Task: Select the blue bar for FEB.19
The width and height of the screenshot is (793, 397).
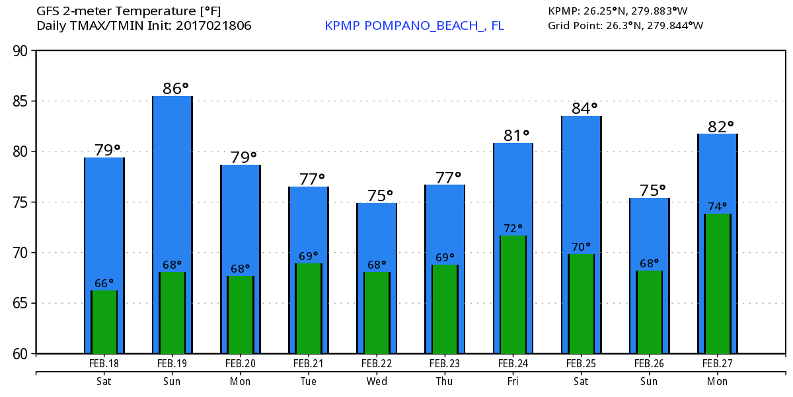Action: tap(172, 179)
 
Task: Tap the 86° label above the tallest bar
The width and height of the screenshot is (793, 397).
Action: tap(175, 88)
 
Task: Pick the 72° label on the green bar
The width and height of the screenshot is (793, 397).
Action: tap(513, 228)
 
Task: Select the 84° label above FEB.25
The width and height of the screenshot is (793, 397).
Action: tap(584, 108)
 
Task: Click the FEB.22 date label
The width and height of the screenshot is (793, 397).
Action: tap(377, 363)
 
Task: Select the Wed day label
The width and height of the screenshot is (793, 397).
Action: tap(377, 382)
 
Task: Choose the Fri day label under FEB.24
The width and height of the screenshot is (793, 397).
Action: tap(513, 382)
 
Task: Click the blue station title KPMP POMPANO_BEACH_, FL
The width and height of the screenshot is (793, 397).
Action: tap(414, 26)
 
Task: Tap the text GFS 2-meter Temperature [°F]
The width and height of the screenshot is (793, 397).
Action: tap(129, 11)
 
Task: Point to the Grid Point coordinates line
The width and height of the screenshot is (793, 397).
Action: tap(625, 26)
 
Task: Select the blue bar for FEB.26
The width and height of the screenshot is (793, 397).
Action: tap(649, 232)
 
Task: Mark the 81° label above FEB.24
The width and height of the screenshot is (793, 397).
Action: tap(517, 136)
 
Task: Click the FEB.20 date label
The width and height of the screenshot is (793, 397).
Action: tap(241, 363)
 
